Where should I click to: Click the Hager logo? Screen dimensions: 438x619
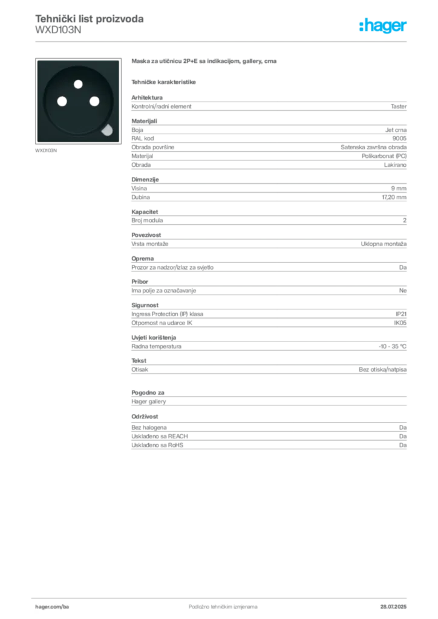pyautogui.click(x=382, y=25)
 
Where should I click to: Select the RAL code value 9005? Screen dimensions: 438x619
pyautogui.click(x=399, y=138)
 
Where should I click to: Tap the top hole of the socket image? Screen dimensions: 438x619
pyautogui.click(x=78, y=83)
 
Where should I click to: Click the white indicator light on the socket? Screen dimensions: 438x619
pyautogui.click(x=107, y=130)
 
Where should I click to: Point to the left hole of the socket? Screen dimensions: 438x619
pyautogui.click(x=62, y=102)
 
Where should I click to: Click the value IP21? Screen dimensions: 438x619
pyautogui.click(x=401, y=314)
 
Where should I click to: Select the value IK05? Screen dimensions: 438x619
pyautogui.click(x=400, y=323)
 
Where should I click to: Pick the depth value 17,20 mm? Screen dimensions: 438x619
pyautogui.click(x=394, y=197)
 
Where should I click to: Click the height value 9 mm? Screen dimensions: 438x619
pyautogui.click(x=399, y=189)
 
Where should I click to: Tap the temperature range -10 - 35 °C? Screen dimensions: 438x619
pyautogui.click(x=393, y=346)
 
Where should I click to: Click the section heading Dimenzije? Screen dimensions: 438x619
pyautogui.click(x=145, y=179)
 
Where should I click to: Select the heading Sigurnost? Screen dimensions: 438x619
pyautogui.click(x=145, y=305)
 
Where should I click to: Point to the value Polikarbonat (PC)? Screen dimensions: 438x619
pyautogui.click(x=384, y=156)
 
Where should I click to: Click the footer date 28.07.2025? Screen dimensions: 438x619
pyautogui.click(x=393, y=607)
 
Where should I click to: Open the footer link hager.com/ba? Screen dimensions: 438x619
pyautogui.click(x=52, y=607)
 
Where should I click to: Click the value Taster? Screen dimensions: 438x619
pyautogui.click(x=399, y=106)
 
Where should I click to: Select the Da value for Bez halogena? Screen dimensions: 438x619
pyautogui.click(x=403, y=427)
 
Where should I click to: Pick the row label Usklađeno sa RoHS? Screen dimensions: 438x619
pyautogui.click(x=157, y=445)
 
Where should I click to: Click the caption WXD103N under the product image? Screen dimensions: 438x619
pyautogui.click(x=46, y=151)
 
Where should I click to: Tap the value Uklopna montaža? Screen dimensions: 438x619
pyautogui.click(x=384, y=244)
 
